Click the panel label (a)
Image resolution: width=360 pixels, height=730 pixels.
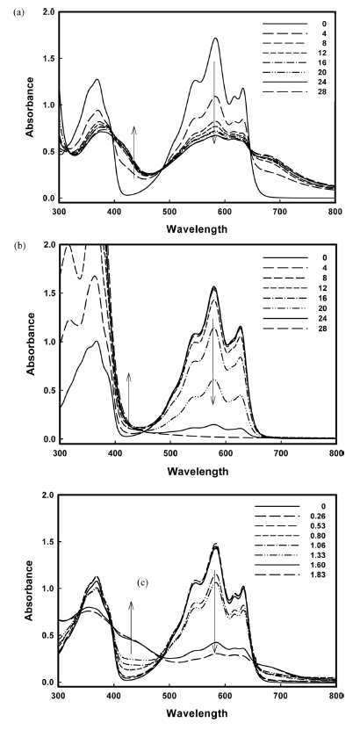click(19, 13)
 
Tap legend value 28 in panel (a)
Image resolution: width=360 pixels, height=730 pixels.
click(323, 91)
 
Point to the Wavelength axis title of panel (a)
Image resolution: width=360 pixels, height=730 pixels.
click(198, 228)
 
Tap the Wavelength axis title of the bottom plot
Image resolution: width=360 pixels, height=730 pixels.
click(198, 712)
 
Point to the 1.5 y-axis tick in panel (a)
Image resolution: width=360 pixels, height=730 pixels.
click(46, 59)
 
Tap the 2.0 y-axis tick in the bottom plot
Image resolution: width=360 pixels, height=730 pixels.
click(46, 495)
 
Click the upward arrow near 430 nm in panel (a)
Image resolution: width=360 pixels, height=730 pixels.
click(134, 152)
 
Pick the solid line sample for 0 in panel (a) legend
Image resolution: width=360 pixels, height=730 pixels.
click(285, 24)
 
